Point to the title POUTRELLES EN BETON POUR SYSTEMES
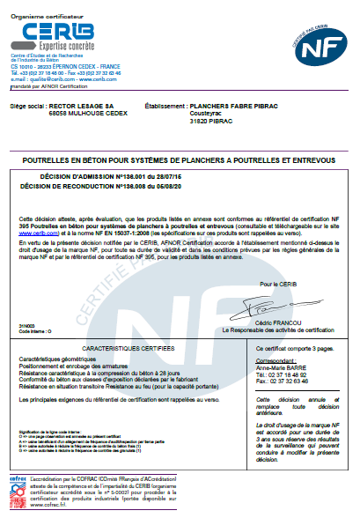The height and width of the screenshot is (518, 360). point(180,159)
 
